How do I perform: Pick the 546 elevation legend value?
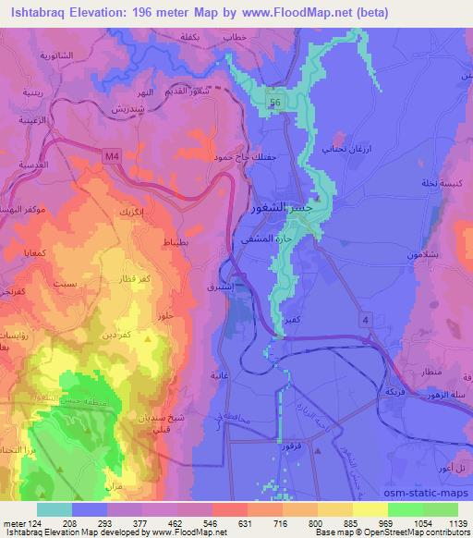[212, 521]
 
